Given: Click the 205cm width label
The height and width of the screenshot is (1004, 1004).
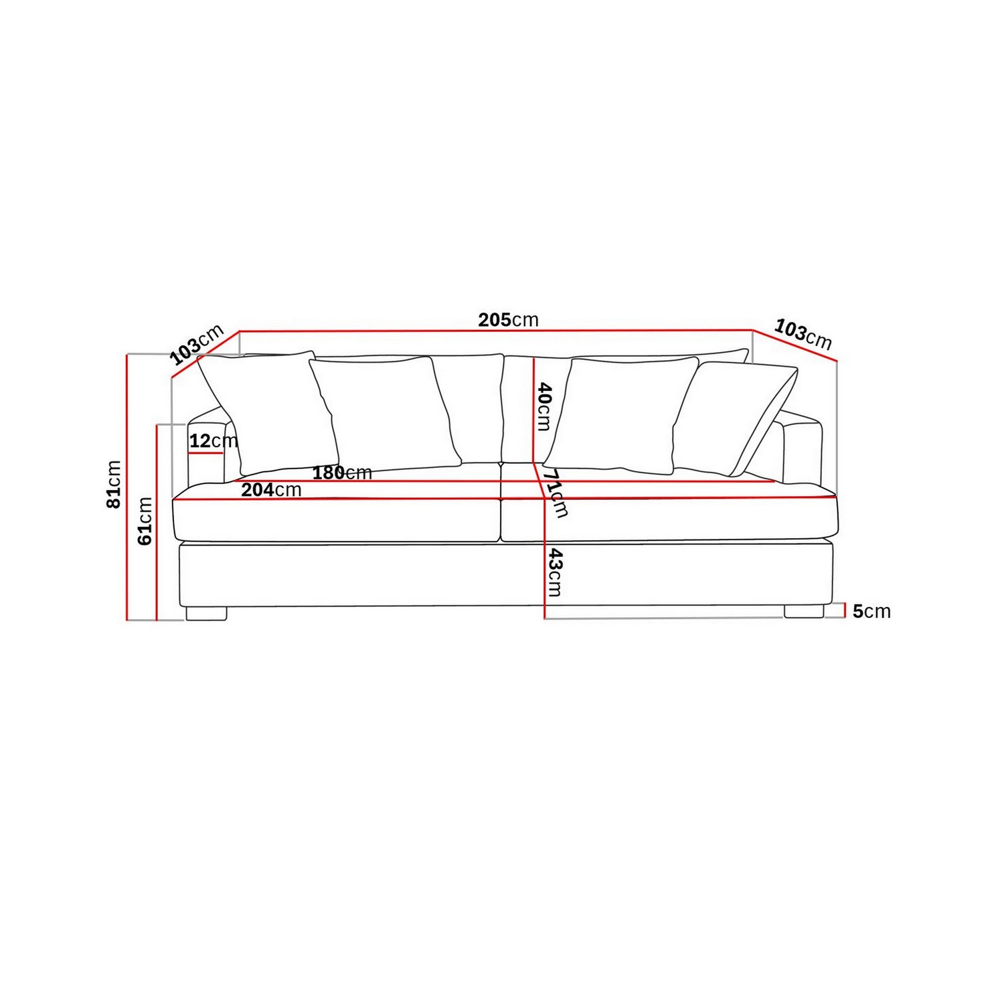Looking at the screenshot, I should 508,320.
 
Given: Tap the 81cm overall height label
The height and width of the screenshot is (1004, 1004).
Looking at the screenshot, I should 114,484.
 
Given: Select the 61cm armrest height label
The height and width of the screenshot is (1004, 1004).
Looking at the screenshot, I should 145,521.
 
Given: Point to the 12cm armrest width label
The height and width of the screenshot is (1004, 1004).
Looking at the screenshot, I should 213,441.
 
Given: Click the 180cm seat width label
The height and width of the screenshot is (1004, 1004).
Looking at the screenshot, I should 342,473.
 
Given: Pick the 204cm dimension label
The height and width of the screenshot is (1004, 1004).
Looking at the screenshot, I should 271,490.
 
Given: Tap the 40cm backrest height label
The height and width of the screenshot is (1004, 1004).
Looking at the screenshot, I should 543,406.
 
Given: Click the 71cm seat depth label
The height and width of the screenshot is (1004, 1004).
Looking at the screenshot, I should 555,493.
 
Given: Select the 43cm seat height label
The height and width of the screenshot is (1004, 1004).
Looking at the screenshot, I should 555,572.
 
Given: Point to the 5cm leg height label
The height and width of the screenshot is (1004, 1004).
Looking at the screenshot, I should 871,611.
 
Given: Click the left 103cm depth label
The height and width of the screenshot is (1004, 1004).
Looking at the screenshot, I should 197,344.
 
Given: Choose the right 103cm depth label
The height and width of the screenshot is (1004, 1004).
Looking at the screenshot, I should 803,334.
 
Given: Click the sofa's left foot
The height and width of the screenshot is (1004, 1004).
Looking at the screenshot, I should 206,613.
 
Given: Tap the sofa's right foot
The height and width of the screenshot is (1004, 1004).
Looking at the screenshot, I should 804,612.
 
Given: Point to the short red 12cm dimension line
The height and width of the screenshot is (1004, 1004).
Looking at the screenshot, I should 205,453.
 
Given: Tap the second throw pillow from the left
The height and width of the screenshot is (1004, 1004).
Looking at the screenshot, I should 385,412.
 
